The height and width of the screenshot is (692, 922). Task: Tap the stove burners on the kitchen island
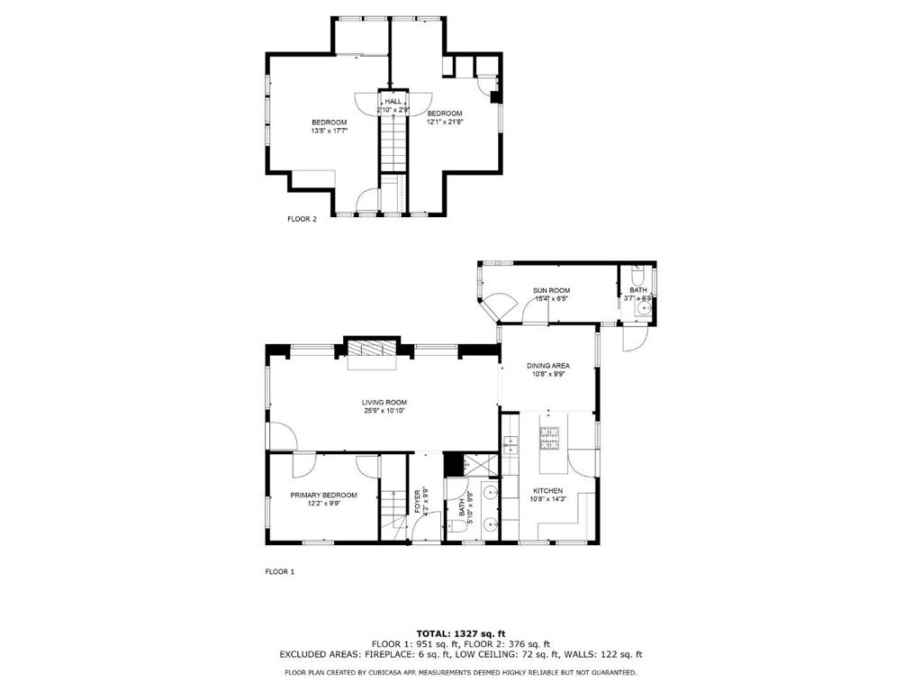tap(549, 439)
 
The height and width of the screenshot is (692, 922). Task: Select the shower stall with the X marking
tap(477, 465)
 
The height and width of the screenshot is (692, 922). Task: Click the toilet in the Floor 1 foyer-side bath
tap(456, 535)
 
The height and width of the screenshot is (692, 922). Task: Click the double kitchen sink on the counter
tap(511, 442)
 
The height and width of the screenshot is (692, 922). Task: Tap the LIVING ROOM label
tap(384, 403)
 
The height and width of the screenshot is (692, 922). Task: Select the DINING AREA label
tap(547, 366)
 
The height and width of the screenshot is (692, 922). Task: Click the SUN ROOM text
tap(550, 291)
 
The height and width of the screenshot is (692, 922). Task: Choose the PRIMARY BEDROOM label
tap(323, 495)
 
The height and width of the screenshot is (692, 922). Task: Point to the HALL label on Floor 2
tap(393, 102)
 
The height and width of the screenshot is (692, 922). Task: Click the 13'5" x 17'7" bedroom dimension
tap(329, 131)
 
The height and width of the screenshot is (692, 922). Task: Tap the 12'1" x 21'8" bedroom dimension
tap(444, 122)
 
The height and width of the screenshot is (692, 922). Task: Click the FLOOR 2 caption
tap(302, 218)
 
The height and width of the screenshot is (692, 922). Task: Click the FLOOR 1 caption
tap(279, 571)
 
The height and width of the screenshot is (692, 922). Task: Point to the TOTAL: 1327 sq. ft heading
tap(460, 633)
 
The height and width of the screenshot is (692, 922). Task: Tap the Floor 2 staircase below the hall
tap(393, 144)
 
